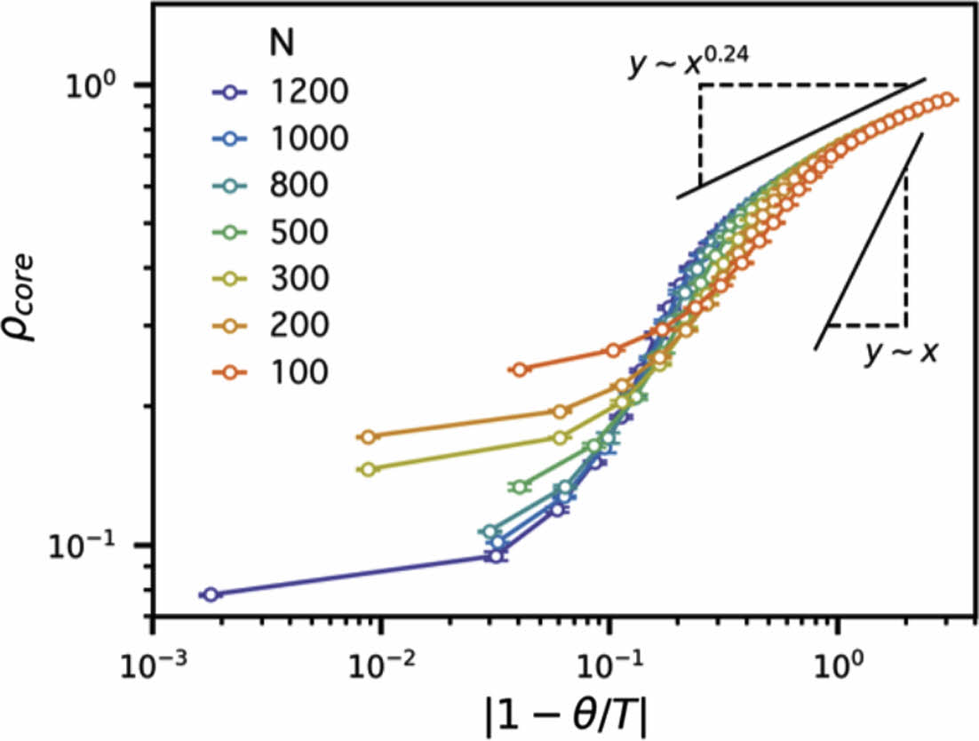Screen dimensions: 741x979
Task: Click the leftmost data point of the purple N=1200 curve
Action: tap(210, 594)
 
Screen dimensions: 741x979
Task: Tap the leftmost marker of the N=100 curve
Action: tap(521, 369)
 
